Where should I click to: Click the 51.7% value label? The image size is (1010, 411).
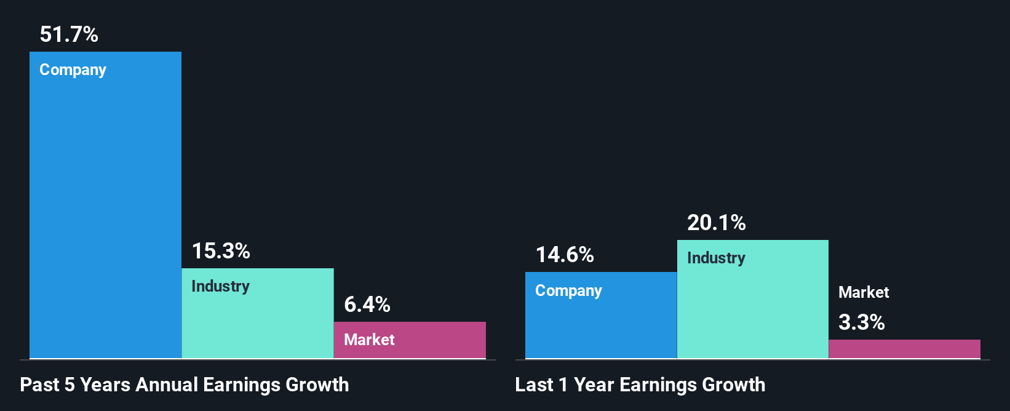pos(69,34)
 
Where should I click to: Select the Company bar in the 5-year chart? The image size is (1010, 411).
pos(105,209)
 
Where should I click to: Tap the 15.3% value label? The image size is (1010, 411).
pos(221,251)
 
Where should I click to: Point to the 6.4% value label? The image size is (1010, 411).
pos(367,305)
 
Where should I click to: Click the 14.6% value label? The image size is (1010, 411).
pos(565,255)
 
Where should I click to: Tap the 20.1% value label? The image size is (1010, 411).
pos(717,223)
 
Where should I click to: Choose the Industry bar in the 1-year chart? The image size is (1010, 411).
pos(753,308)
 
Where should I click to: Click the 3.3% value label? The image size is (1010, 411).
pos(862,322)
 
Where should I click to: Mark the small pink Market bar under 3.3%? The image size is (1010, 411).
pos(904,349)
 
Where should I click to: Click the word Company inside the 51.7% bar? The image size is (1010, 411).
pos(73,70)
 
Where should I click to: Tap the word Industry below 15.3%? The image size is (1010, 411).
pos(220,286)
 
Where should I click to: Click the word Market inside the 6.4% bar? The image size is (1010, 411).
pos(369,340)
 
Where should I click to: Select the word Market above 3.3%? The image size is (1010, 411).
pos(864,292)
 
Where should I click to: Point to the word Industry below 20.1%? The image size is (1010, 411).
pos(716,258)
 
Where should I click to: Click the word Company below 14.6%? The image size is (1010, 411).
pos(568,290)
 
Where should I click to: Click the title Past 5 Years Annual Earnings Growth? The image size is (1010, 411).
pos(185,385)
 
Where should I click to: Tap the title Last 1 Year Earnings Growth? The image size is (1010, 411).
pos(640,385)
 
